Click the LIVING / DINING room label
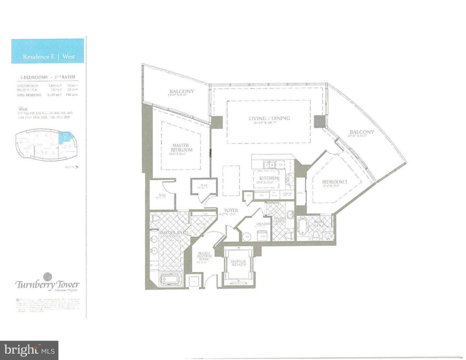pos(267,118)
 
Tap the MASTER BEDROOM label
pos(182,148)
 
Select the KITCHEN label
pos(269,178)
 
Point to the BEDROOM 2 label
pos(334,182)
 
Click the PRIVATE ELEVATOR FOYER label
pos(204,256)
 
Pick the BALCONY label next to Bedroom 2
pos(361,132)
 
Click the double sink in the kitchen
pos(269,165)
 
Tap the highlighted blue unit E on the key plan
pos(66,138)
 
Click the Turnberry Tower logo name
pos(48,284)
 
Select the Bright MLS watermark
pos(29,350)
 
